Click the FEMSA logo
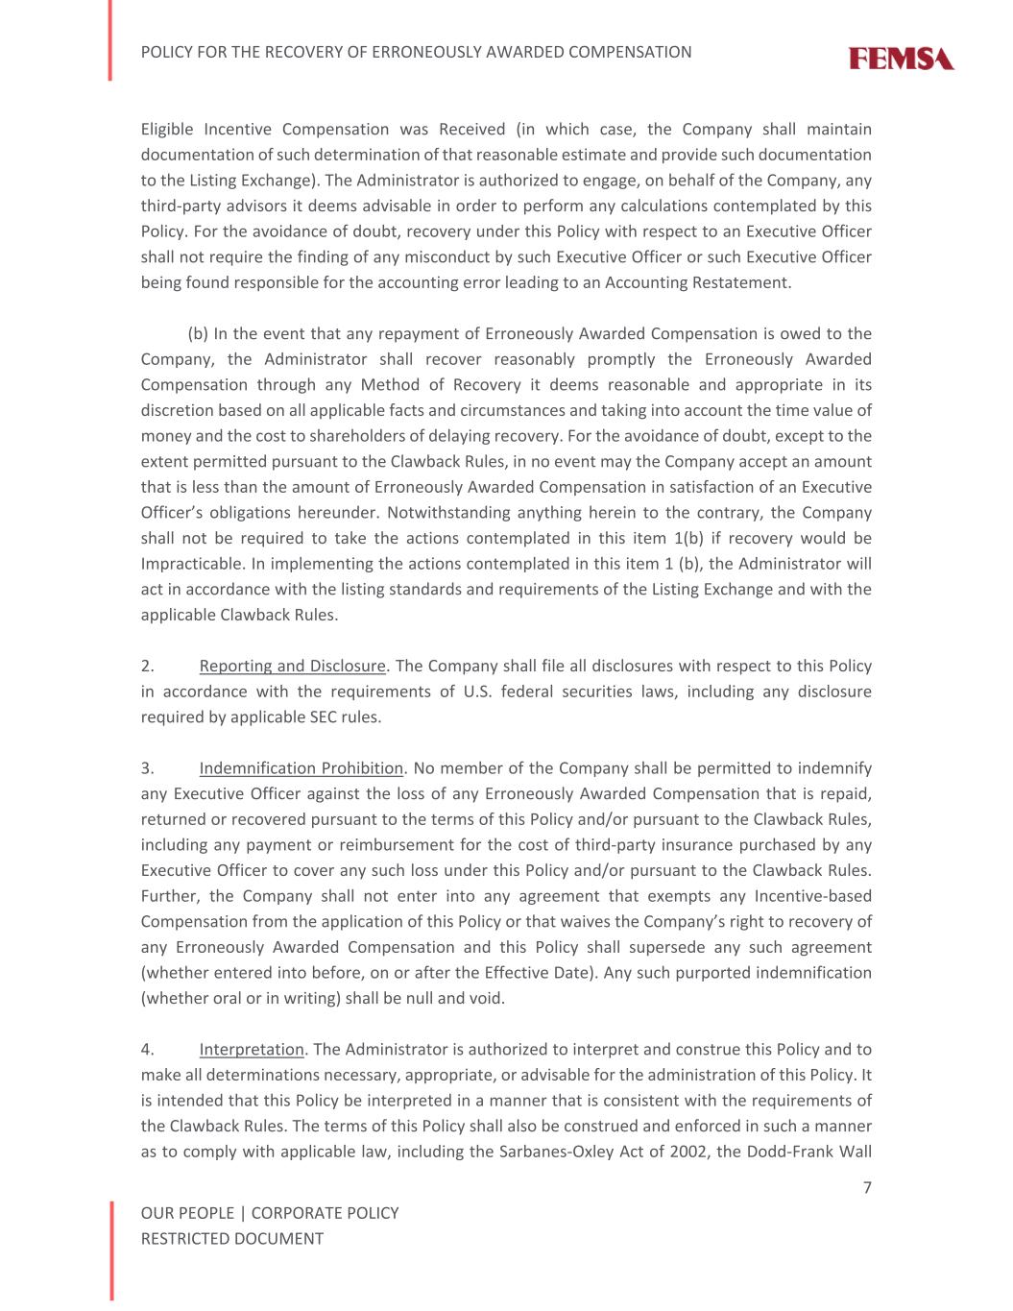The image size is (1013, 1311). click(x=901, y=60)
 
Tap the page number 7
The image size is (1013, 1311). click(x=867, y=1188)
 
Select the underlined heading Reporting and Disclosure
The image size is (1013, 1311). click(x=292, y=666)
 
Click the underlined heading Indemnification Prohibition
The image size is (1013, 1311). click(x=301, y=768)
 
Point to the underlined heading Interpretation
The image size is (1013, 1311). click(x=251, y=1049)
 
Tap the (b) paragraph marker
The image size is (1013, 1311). click(x=198, y=333)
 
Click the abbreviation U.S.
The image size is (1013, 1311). click(x=477, y=692)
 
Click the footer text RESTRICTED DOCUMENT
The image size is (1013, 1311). click(x=231, y=1239)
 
